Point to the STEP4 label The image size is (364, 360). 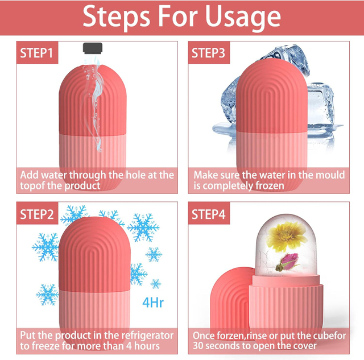point(212,215)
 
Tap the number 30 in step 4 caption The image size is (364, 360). point(199,346)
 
